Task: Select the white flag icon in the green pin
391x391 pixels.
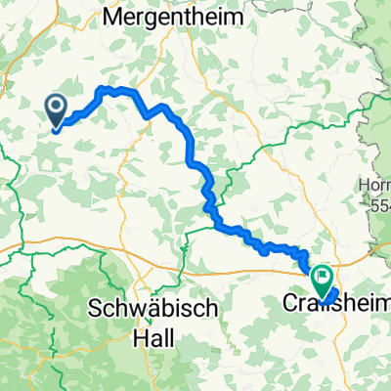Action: pyautogui.click(x=322, y=278)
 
